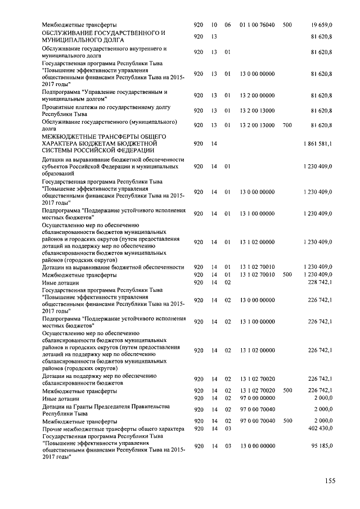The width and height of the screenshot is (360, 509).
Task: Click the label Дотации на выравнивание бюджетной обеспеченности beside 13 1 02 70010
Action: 113,267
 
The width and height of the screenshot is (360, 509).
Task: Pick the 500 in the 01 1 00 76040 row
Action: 287,25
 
